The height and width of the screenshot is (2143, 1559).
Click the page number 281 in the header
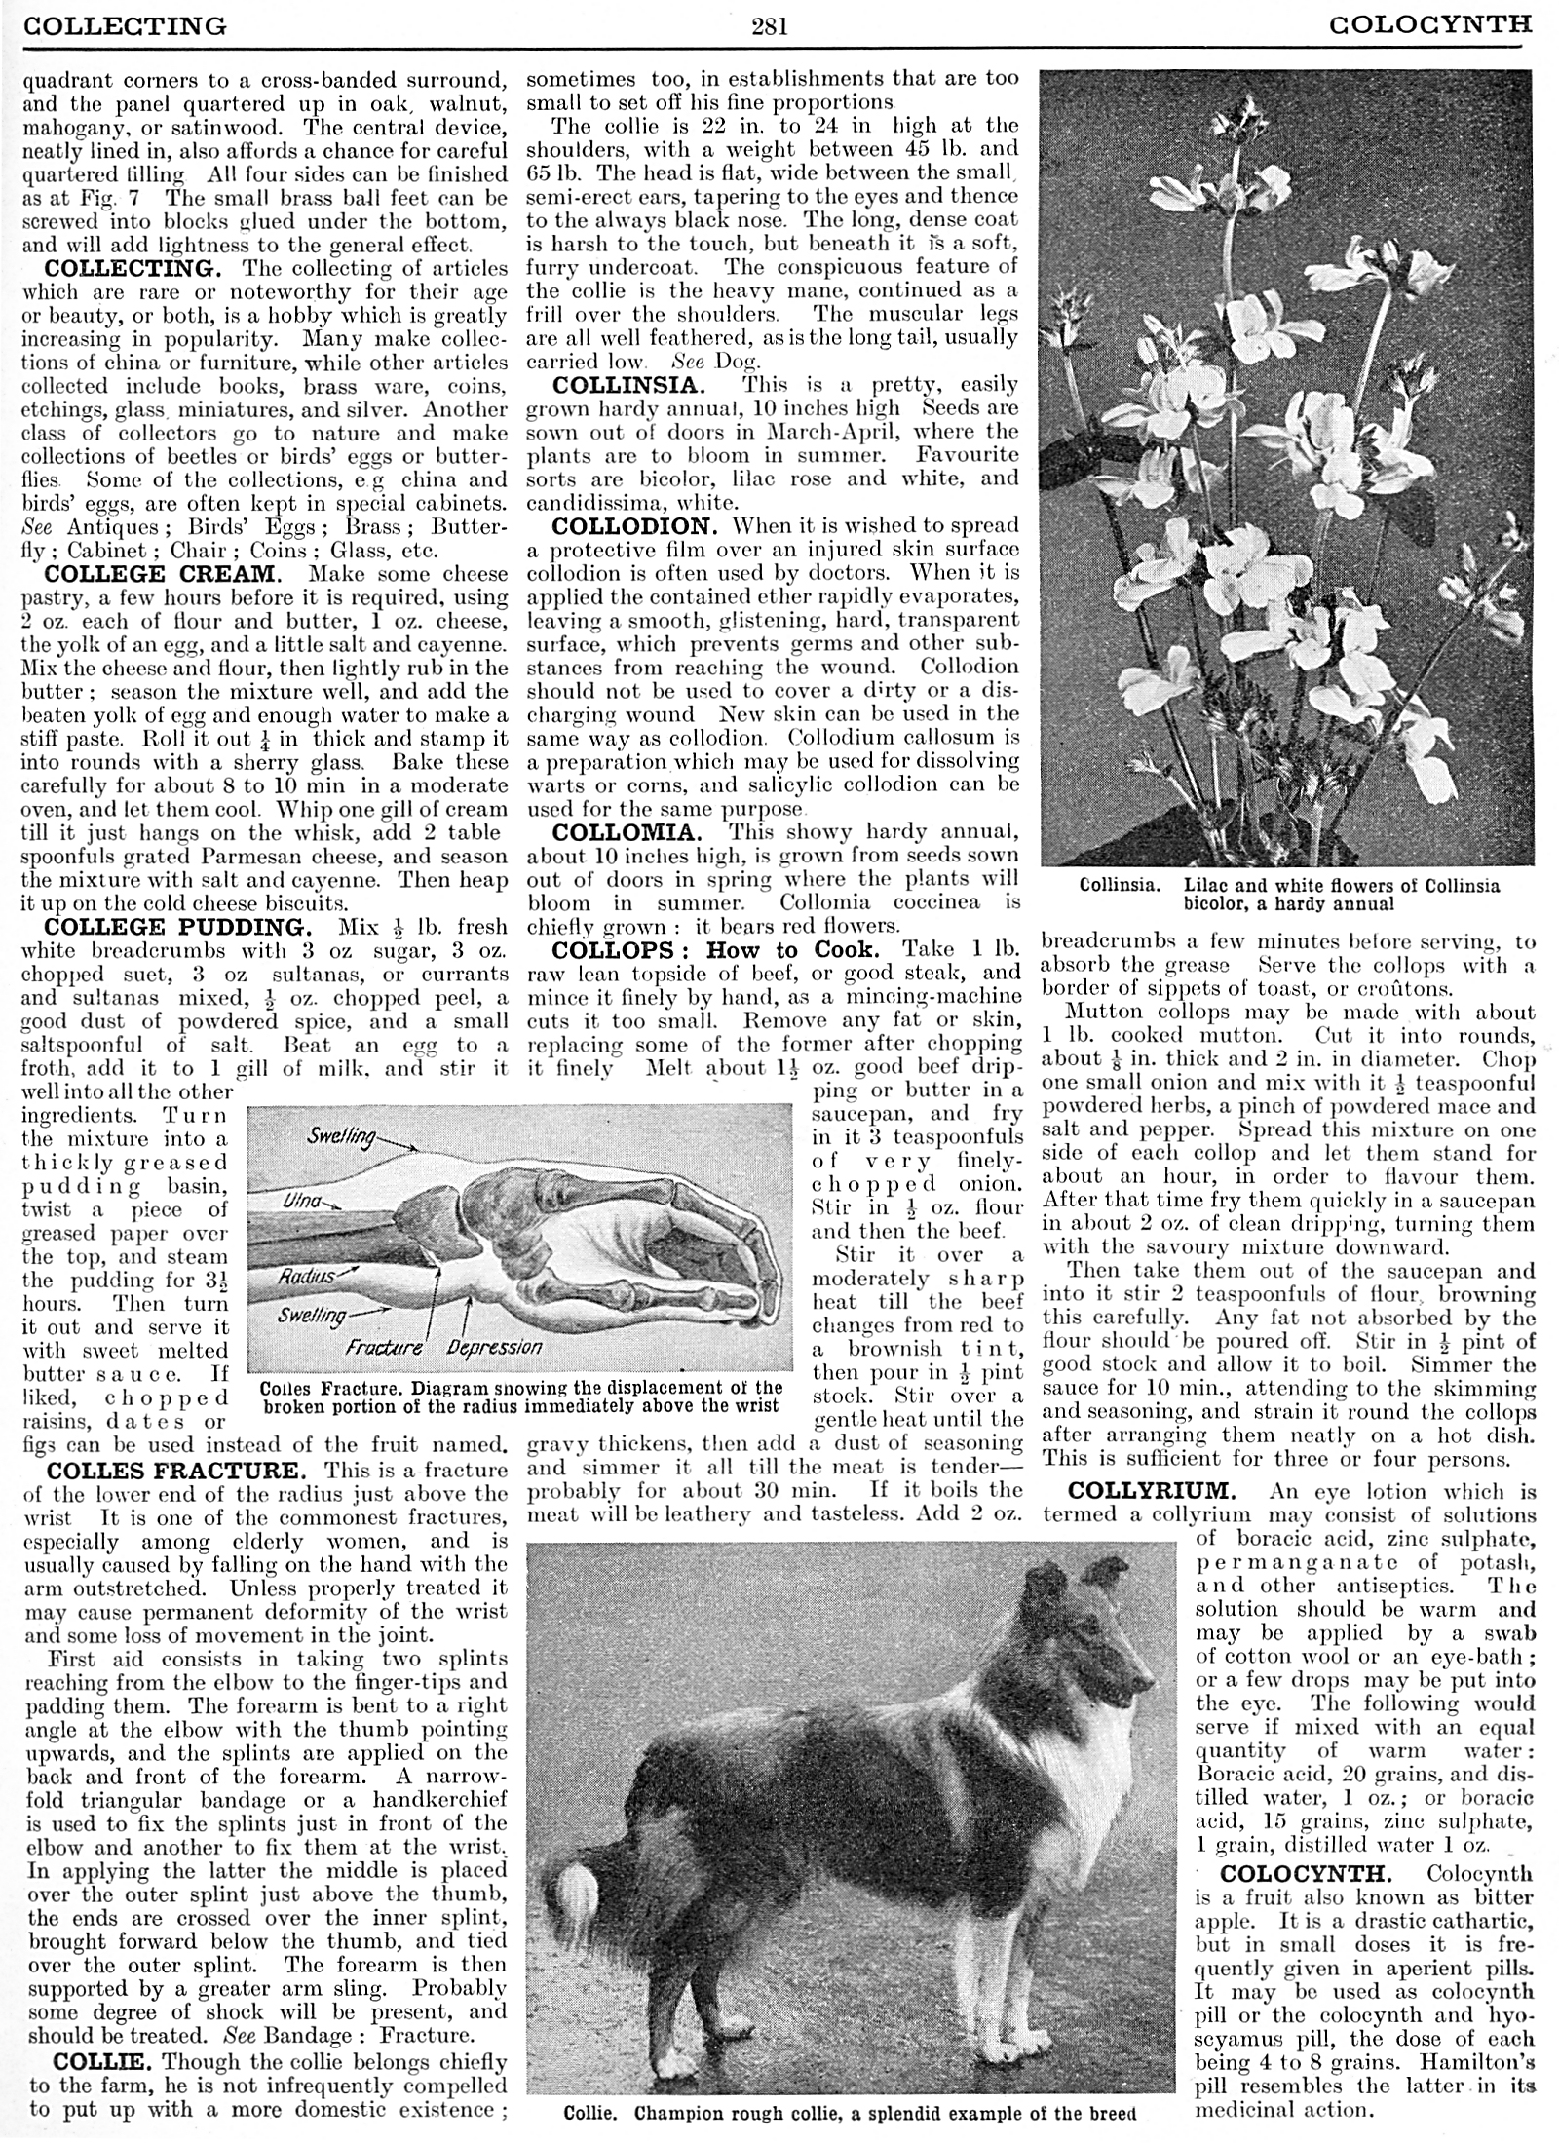click(769, 24)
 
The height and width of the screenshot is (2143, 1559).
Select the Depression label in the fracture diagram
click(494, 1348)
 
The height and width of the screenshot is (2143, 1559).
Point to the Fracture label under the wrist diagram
click(384, 1349)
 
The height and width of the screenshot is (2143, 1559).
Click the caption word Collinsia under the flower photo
click(1119, 886)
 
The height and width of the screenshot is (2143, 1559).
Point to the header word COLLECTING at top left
click(124, 24)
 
